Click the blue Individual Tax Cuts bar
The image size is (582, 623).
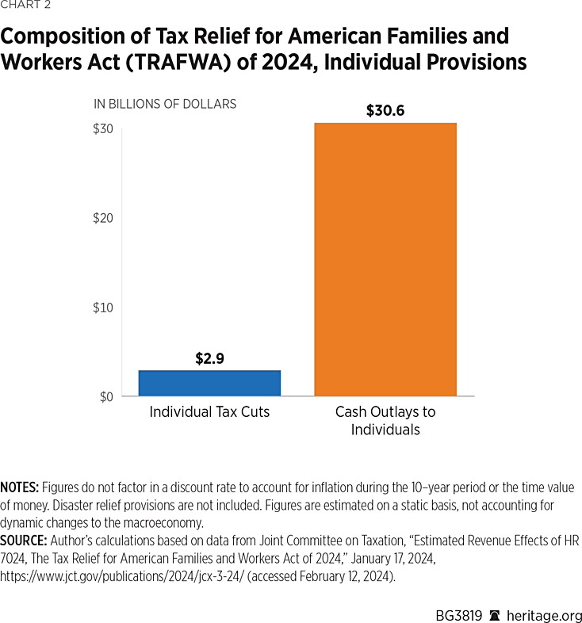pyautogui.click(x=209, y=383)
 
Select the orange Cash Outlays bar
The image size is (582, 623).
pyautogui.click(x=385, y=259)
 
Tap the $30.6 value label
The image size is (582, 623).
pyautogui.click(x=385, y=111)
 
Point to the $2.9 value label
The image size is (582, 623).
pyautogui.click(x=210, y=358)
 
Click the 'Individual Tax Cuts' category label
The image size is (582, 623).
pyautogui.click(x=209, y=412)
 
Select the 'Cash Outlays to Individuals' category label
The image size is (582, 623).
pyautogui.click(x=385, y=421)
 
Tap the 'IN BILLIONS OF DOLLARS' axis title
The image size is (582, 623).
pyautogui.click(x=165, y=104)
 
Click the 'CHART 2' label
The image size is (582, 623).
pyautogui.click(x=26, y=7)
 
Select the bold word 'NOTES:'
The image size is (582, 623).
pyautogui.click(x=21, y=487)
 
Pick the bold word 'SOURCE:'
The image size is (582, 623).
pyautogui.click(x=24, y=540)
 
